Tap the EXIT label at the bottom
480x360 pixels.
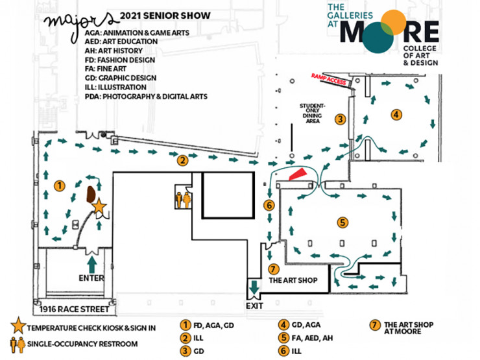[x=253, y=304]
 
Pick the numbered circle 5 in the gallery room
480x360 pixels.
[x=342, y=222]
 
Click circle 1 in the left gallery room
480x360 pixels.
[x=59, y=186]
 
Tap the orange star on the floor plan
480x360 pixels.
[x=99, y=206]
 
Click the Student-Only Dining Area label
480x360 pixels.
[x=314, y=113]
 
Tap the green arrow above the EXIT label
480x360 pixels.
[x=254, y=287]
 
